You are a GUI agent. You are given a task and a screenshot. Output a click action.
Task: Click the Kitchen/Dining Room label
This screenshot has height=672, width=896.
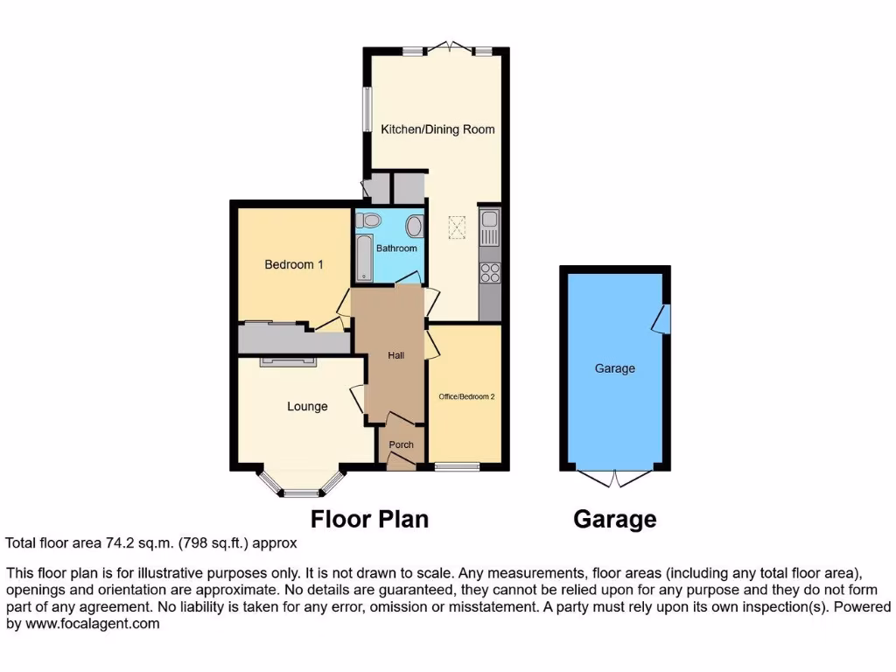tap(437, 129)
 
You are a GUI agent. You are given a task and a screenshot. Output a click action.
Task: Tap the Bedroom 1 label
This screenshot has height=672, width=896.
tap(295, 264)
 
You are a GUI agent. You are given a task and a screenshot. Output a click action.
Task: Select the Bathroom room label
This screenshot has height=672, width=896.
tap(396, 248)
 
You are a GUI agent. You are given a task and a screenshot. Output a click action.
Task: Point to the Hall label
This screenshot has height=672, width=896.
tap(395, 355)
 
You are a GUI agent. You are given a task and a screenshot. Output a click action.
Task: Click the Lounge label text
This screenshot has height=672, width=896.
tap(307, 406)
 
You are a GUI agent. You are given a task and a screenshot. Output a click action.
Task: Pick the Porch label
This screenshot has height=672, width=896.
tap(401, 444)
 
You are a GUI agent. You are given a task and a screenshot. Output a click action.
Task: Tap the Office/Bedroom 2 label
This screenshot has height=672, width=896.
tap(466, 396)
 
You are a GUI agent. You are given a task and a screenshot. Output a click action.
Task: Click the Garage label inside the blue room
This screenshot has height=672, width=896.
tap(615, 368)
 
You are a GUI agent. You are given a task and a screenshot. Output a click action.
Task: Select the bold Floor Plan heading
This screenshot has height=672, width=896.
tap(370, 519)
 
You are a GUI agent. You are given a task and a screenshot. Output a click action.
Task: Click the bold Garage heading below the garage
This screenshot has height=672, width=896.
tap(615, 519)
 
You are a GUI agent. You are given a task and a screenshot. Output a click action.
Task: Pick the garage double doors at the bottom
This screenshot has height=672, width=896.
tap(615, 477)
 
